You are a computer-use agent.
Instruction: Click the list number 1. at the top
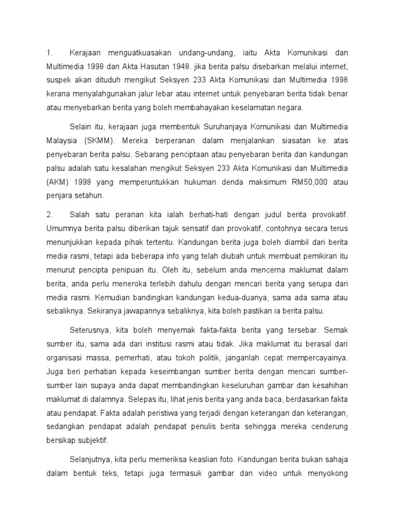[50, 53]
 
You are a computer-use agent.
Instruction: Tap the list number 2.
[50, 214]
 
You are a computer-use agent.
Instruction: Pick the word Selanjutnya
[93, 460]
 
